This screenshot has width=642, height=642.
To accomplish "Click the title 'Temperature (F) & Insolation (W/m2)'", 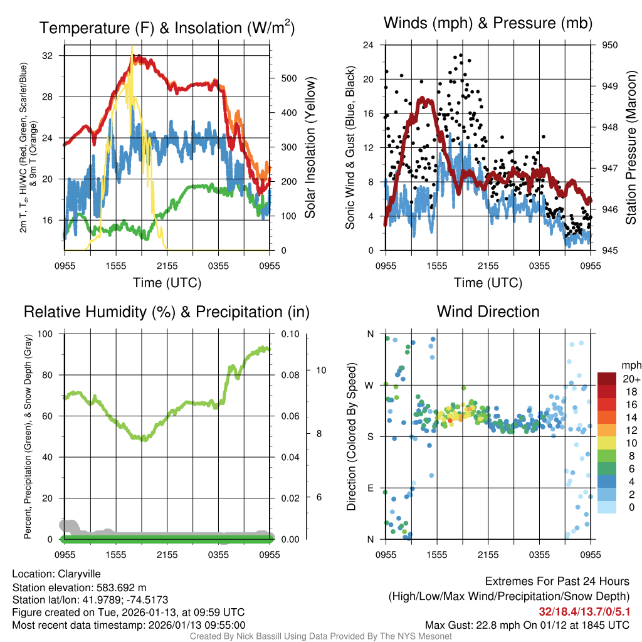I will [167, 28].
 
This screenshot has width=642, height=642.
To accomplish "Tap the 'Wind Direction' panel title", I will [488, 312].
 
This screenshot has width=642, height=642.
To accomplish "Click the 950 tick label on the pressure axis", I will [609, 45].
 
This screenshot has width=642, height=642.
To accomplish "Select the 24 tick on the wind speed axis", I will [369, 45].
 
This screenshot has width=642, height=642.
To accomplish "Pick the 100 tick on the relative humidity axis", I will [46, 334].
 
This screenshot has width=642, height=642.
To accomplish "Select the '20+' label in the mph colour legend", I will [630, 379].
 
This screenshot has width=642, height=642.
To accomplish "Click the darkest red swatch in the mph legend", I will [607, 379].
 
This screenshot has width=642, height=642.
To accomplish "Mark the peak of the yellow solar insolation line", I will [132, 47].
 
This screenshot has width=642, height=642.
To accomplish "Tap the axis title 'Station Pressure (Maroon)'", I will [631, 148].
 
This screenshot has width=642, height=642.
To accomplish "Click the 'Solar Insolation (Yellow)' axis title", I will [310, 148].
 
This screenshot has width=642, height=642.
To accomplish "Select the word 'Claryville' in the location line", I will [79, 574].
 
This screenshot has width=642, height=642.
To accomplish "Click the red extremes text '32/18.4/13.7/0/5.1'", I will [584, 611].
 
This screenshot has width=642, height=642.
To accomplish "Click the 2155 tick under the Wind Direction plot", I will [488, 554].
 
